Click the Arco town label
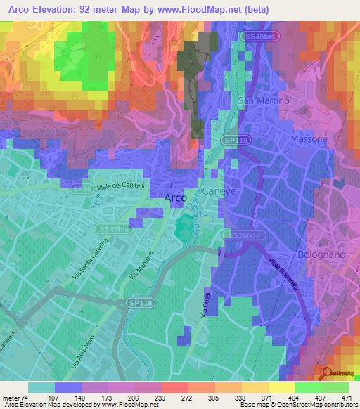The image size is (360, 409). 174,198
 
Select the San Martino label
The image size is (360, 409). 264,100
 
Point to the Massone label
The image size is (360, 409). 309,139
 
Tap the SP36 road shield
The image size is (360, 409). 82,189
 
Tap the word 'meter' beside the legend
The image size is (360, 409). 11,397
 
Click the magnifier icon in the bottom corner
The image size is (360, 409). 326,372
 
